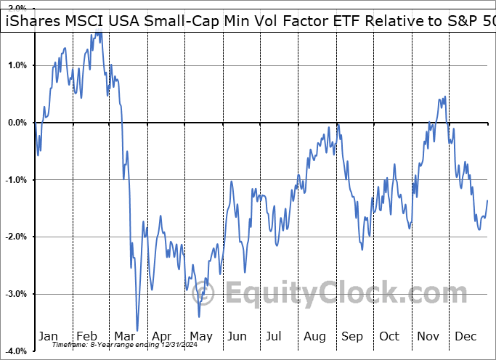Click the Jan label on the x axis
point(48,336)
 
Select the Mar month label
point(123,336)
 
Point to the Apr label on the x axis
point(161,336)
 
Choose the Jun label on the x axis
point(237,336)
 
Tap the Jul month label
point(275,336)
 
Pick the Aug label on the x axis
point(314,336)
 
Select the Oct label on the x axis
point(389,336)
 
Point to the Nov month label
point(427,336)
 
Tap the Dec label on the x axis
point(465,336)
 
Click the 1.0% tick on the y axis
point(16,65)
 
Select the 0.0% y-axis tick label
point(16,123)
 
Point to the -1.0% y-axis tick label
point(15,180)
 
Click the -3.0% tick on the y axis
point(15,294)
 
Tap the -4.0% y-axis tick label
point(15,351)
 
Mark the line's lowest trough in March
point(137,330)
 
